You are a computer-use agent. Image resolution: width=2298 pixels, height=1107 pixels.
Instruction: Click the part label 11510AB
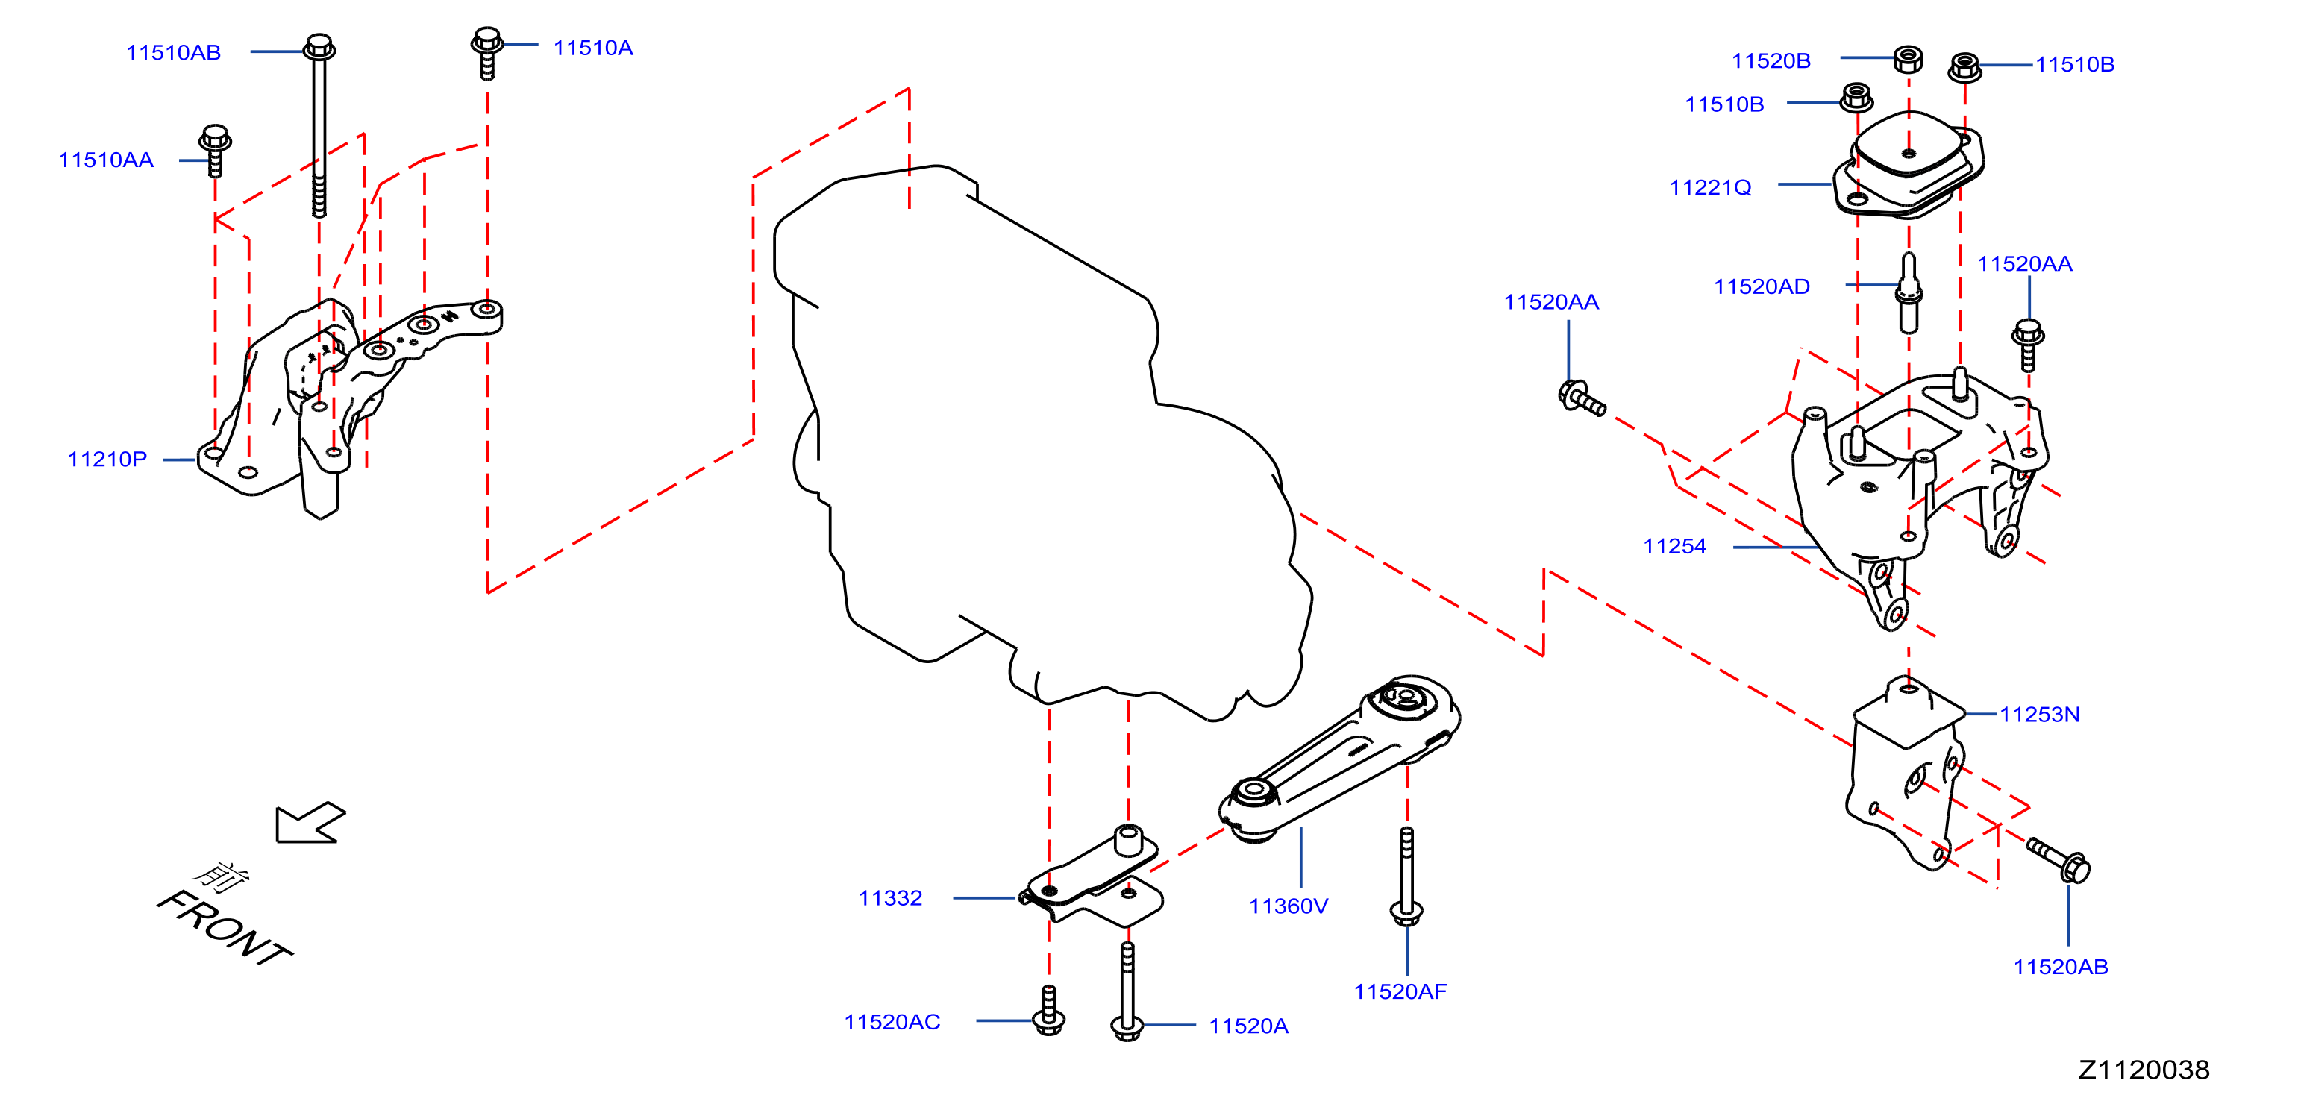tap(173, 53)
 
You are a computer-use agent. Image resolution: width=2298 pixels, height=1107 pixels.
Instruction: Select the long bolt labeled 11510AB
tap(319, 125)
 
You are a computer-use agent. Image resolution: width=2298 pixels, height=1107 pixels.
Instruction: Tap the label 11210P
tap(107, 460)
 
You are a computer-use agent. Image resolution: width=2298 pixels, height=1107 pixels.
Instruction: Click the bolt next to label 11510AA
tap(215, 151)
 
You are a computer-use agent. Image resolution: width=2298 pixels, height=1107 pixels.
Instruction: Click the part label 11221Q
tap(1710, 187)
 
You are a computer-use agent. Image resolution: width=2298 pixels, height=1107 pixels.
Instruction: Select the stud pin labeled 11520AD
tap(1909, 292)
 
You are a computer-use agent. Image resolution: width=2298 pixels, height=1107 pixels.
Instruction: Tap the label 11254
tap(1674, 546)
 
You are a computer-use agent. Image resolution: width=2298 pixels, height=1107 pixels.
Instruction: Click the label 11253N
tap(2039, 715)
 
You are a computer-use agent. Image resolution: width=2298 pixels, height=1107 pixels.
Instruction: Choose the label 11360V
tap(1289, 906)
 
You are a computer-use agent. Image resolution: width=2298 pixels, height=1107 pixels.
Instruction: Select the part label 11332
tap(890, 898)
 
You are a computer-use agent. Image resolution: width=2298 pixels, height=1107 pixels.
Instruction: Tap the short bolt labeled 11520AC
tap(1048, 1010)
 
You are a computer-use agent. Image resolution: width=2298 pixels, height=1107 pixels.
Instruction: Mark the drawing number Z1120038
tap(2144, 1070)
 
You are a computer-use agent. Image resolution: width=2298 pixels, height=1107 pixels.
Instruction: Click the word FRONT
tap(225, 929)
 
